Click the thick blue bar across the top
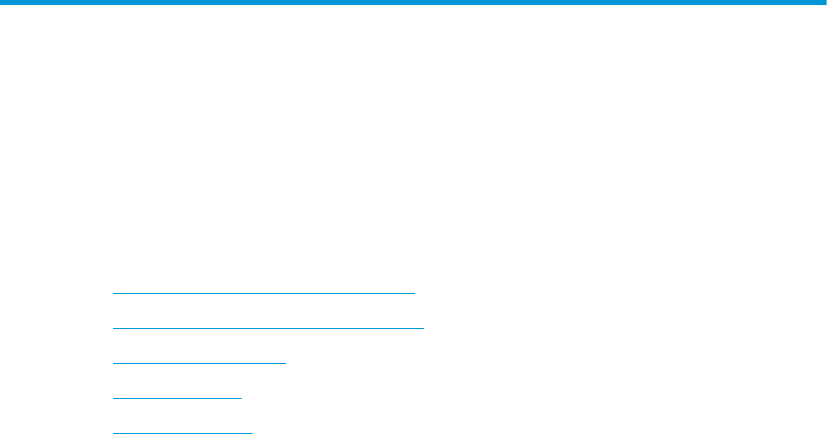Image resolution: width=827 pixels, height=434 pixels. (x=413, y=3)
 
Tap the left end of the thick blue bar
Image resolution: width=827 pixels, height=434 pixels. (x=3, y=3)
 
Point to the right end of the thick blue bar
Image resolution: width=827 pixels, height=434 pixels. (x=824, y=3)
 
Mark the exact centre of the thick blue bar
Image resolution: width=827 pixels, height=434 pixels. (x=413, y=3)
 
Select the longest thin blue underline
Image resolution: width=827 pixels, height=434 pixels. (x=268, y=328)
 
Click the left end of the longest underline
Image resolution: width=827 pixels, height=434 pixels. (x=113, y=328)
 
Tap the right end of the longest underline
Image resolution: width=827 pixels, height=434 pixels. (x=424, y=328)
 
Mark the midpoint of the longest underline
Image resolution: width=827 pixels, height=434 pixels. (x=268, y=328)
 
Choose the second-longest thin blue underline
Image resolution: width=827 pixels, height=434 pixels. (x=264, y=293)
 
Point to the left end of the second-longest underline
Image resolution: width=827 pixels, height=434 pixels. (x=113, y=293)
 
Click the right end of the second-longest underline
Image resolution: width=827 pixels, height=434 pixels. (x=414, y=293)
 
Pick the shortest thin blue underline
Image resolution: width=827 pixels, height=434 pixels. (x=177, y=398)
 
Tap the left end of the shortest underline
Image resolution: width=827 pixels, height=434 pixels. (x=113, y=398)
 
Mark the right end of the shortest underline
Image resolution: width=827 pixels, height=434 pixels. (x=240, y=398)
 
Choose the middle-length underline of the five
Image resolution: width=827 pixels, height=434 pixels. (x=199, y=363)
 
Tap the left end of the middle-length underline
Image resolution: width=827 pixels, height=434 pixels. (x=113, y=363)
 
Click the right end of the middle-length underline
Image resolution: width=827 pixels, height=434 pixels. (x=285, y=363)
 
